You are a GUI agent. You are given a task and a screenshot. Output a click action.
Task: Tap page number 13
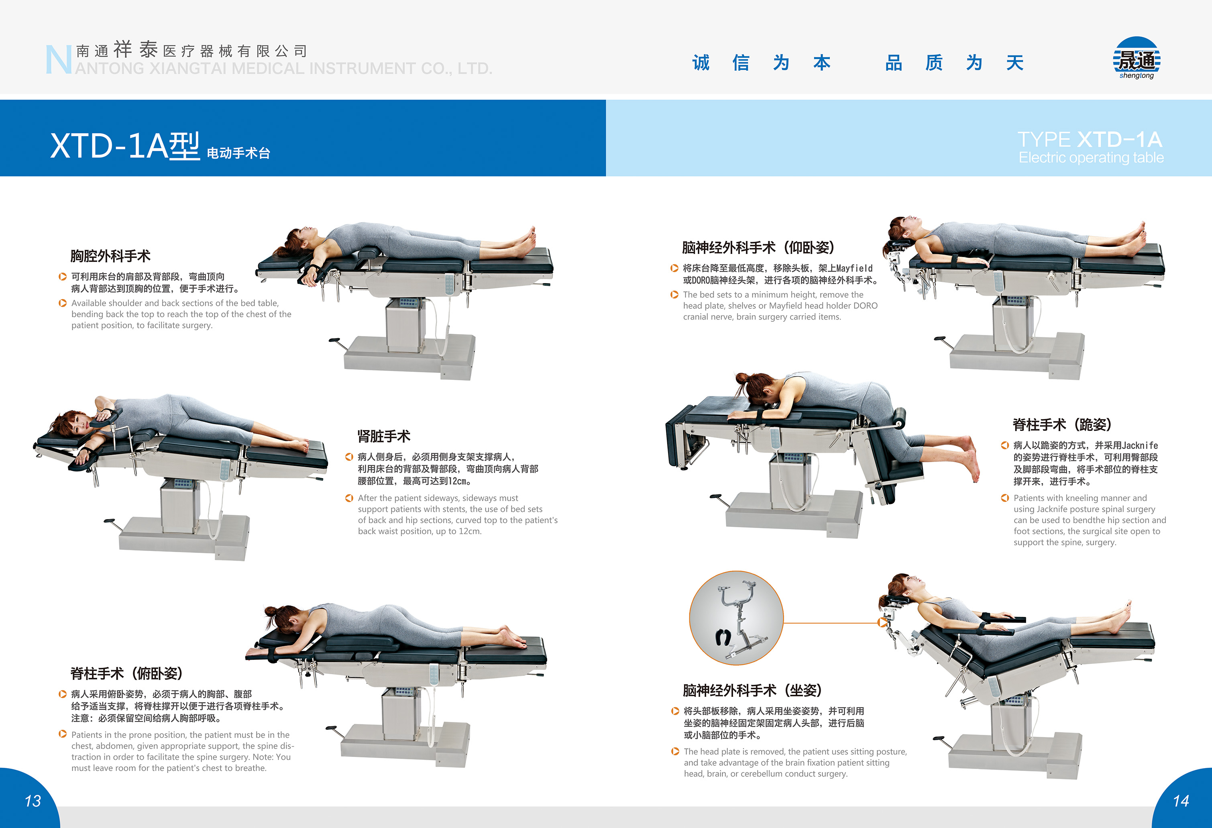click(33, 801)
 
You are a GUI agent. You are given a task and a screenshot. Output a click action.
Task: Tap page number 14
click(1181, 801)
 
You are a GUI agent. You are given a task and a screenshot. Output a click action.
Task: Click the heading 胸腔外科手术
click(110, 256)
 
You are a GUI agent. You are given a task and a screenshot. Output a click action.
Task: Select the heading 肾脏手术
click(384, 436)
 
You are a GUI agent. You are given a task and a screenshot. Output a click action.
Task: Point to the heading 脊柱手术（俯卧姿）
click(127, 673)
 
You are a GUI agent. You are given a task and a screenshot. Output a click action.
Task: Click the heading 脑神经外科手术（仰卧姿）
click(758, 247)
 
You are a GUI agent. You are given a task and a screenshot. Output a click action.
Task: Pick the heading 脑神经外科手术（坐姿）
click(753, 690)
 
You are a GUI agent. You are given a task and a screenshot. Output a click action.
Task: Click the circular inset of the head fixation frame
click(736, 618)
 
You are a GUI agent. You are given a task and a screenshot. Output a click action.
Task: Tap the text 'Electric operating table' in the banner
click(1091, 157)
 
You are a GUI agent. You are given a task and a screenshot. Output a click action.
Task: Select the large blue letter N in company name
click(58, 59)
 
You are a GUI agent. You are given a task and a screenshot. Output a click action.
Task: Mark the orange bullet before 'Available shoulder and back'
click(63, 303)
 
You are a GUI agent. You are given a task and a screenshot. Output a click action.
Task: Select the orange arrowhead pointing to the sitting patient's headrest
click(882, 622)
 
